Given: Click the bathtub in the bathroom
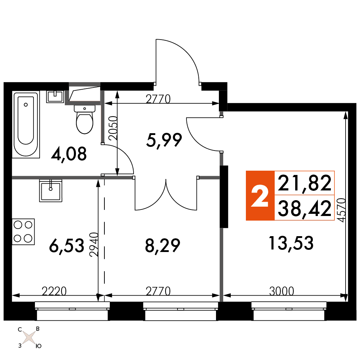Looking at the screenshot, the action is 26,125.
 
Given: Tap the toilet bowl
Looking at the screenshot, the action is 85,120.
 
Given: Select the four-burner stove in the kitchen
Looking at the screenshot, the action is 23,231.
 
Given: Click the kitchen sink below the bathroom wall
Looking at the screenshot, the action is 51,191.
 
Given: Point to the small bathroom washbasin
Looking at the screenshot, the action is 55,96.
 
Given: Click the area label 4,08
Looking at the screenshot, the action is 69,154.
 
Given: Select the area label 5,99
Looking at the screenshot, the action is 164,140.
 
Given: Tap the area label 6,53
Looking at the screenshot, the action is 67,246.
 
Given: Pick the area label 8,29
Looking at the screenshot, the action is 163,246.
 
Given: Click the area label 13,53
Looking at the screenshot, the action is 291,243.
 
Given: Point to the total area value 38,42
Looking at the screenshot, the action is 305,208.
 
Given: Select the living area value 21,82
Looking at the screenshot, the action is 305,183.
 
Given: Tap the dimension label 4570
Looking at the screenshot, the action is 342,210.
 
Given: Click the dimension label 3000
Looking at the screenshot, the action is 282,291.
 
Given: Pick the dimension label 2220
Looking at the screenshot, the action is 54,291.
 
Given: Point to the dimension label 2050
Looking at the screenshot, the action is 113,128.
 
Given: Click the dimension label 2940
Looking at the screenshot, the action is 94,245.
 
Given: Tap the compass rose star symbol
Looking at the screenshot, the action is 30,338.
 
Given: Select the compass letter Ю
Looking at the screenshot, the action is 39,346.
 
